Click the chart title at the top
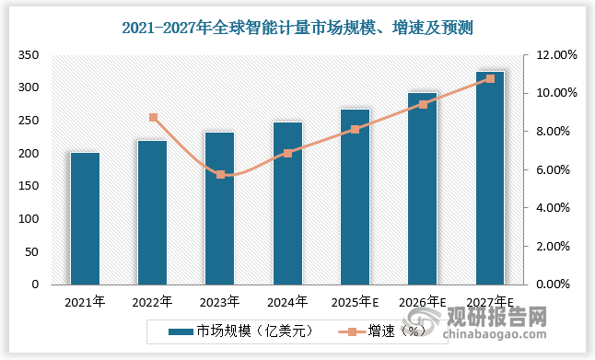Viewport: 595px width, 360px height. [x=297, y=29]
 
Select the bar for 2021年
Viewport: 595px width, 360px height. [x=85, y=218]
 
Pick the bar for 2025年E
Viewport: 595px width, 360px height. [x=355, y=197]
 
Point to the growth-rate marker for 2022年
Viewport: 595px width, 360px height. [x=153, y=118]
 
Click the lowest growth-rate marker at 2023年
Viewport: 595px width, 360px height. [x=220, y=174]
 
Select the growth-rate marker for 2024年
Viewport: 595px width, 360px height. [x=287, y=153]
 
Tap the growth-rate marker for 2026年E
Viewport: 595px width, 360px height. [x=423, y=104]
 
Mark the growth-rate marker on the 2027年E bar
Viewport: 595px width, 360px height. [x=490, y=78]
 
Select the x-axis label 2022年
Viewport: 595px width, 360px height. [x=152, y=301]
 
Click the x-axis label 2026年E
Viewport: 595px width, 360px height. [x=423, y=301]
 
